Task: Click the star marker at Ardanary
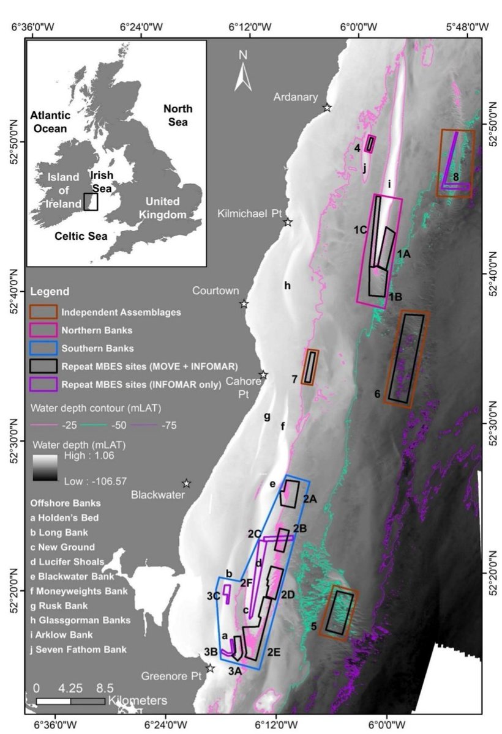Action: pyautogui.click(x=327, y=108)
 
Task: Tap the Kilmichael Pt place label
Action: pyautogui.click(x=250, y=213)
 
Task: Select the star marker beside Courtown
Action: pyautogui.click(x=244, y=303)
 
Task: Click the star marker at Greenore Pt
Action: pyautogui.click(x=210, y=669)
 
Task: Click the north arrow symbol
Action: pyautogui.click(x=243, y=72)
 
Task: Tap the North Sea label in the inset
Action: pyautogui.click(x=178, y=116)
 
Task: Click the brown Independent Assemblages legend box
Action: pyautogui.click(x=43, y=312)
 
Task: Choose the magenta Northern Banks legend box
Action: pyautogui.click(x=43, y=330)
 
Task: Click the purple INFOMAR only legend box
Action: pyautogui.click(x=43, y=384)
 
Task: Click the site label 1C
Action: pyautogui.click(x=359, y=229)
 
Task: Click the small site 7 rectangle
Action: pyautogui.click(x=311, y=367)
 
